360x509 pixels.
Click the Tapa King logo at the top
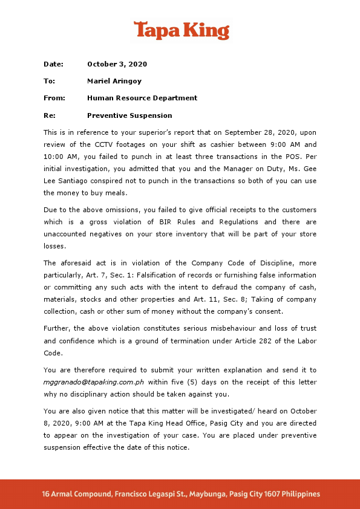click(x=181, y=30)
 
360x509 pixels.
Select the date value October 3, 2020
click(x=117, y=64)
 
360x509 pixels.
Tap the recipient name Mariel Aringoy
click(x=115, y=81)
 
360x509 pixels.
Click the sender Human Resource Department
click(x=142, y=98)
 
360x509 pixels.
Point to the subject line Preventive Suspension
click(x=129, y=115)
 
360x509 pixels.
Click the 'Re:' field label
click(x=50, y=115)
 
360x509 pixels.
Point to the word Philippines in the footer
click(x=298, y=494)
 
